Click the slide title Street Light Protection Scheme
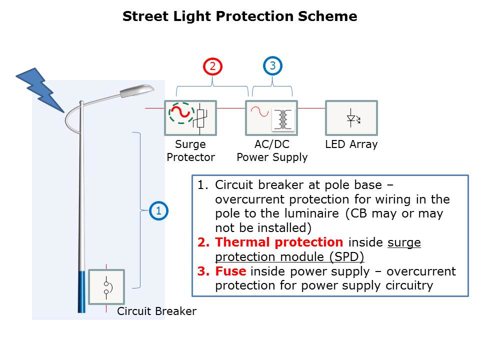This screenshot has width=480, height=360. [239, 16]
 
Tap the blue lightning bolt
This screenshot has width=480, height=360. [40, 90]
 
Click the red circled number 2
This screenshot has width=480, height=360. [212, 65]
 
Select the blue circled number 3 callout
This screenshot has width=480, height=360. [272, 65]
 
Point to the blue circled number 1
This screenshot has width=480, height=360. [159, 211]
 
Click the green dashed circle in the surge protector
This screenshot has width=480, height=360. [181, 113]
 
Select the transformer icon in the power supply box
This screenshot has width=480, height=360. [283, 119]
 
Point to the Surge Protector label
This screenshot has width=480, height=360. [190, 151]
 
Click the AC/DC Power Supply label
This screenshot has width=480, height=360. [272, 151]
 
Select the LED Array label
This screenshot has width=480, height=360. [351, 144]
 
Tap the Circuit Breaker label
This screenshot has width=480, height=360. [156, 311]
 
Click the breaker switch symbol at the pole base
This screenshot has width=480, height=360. [106, 287]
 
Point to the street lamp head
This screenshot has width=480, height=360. [137, 90]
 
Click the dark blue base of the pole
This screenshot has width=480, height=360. [81, 292]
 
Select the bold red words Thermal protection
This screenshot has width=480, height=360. [279, 242]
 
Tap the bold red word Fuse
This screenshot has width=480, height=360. [231, 271]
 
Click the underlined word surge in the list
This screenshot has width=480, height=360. [404, 242]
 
